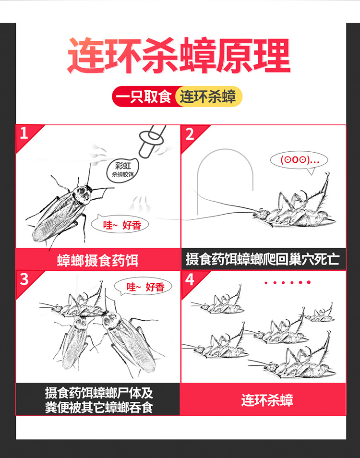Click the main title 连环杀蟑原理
click(179, 56)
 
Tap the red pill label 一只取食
click(144, 96)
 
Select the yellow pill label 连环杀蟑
click(208, 96)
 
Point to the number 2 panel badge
click(190, 134)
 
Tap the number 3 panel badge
click(24, 279)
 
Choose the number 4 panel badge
click(190, 279)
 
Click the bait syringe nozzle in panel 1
click(151, 140)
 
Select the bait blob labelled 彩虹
click(122, 170)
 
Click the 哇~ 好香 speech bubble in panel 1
click(120, 225)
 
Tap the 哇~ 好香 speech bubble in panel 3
click(143, 287)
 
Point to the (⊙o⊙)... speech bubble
click(299, 160)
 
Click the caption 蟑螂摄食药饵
click(98, 260)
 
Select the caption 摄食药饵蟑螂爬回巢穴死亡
click(263, 259)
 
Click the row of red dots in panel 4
click(288, 282)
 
